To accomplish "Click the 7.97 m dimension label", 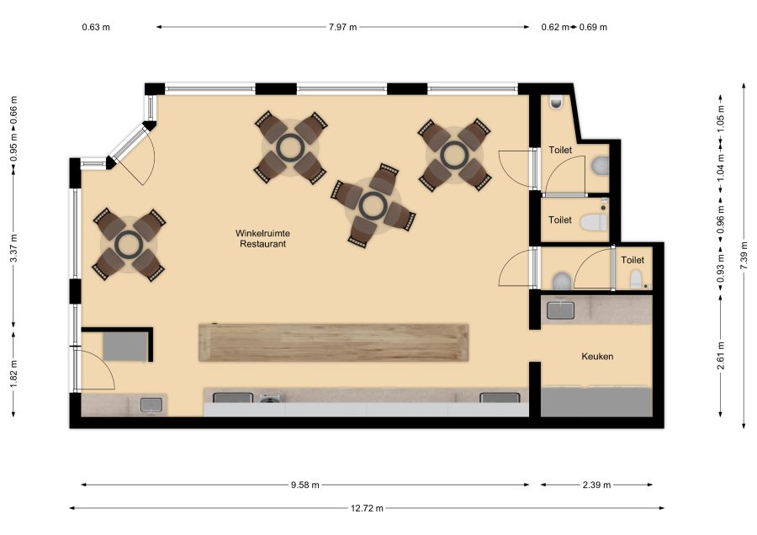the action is pos(343,27).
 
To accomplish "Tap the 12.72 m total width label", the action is pos(367,508).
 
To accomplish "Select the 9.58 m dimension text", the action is pos(305,485).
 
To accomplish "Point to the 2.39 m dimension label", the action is pos(596,485).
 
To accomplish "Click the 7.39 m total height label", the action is pos(744,256).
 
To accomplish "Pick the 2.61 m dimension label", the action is pos(721,356).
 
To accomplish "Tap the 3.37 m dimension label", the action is pos(14,247).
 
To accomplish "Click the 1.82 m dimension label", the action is pos(14,373).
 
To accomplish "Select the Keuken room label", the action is pos(597,357).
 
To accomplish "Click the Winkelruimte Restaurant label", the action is pos(262,239).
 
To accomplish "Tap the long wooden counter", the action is pos(334,343).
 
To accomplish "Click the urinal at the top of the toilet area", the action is pos(556,102).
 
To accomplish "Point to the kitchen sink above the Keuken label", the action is pos(560,310).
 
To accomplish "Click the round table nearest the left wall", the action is pos(129,244).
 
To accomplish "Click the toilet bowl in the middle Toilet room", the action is pos(593,223).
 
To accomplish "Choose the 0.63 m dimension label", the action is pos(96,27).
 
